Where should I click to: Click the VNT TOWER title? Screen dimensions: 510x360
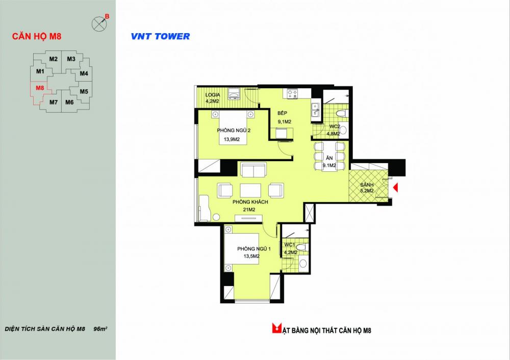tap(160, 36)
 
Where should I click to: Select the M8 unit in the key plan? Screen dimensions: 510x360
tap(40, 88)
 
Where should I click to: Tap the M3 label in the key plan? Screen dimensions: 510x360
tap(71, 59)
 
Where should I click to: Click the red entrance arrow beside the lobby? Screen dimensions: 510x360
tap(396, 188)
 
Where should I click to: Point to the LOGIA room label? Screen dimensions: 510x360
tap(213, 95)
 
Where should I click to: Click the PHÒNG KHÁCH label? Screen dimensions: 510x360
tap(250, 202)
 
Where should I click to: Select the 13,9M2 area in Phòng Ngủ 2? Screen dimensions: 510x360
tap(232, 140)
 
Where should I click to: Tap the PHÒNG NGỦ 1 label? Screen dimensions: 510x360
tap(253, 249)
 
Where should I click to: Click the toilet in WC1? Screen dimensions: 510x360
tap(302, 247)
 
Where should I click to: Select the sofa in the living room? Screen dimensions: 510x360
tap(253, 169)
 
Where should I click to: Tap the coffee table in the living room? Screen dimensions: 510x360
tap(250, 191)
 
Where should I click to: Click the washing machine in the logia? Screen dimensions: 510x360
tap(234, 94)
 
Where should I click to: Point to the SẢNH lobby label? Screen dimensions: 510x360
tap(367, 185)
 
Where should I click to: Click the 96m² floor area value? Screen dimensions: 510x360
tap(100, 329)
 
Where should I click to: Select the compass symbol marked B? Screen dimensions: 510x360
tap(98, 24)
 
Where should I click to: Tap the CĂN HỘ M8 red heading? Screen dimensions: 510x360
tap(36, 36)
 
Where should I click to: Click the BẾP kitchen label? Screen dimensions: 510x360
tap(283, 113)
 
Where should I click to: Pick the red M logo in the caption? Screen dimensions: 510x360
tap(277, 328)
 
